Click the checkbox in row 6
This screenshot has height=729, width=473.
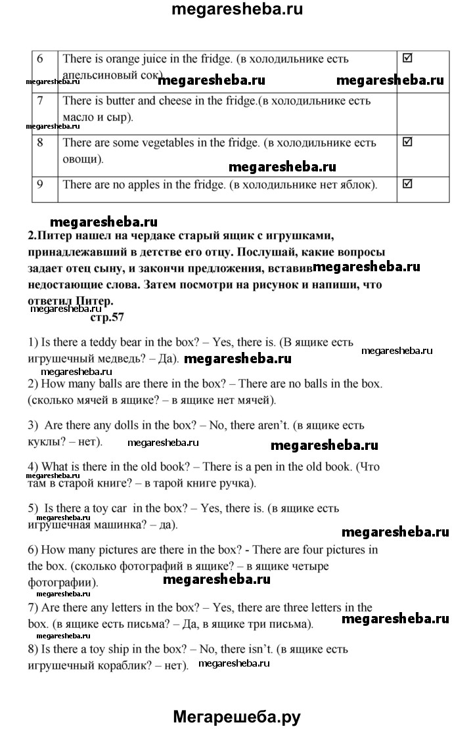[x=407, y=58]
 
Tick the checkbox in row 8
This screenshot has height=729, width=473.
[x=407, y=141]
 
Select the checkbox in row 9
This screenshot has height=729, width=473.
[x=407, y=184]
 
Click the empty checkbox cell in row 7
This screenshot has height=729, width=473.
[x=423, y=113]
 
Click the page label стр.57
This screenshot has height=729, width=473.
[x=106, y=318]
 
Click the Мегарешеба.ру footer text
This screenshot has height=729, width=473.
[x=236, y=717]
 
